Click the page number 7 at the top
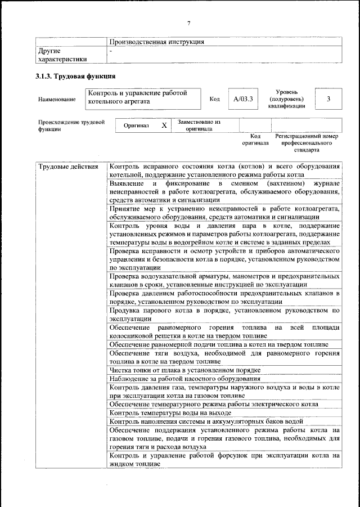click(189, 23)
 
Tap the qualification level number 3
click(327, 99)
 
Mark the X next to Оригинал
click(164, 125)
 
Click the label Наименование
click(57, 100)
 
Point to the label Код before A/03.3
click(214, 100)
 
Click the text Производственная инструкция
click(156, 42)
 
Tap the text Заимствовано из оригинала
click(199, 125)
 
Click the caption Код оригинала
click(255, 140)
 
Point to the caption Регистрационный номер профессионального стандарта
click(306, 143)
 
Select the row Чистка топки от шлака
click(184, 370)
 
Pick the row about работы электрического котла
click(214, 404)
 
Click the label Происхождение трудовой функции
click(71, 125)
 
